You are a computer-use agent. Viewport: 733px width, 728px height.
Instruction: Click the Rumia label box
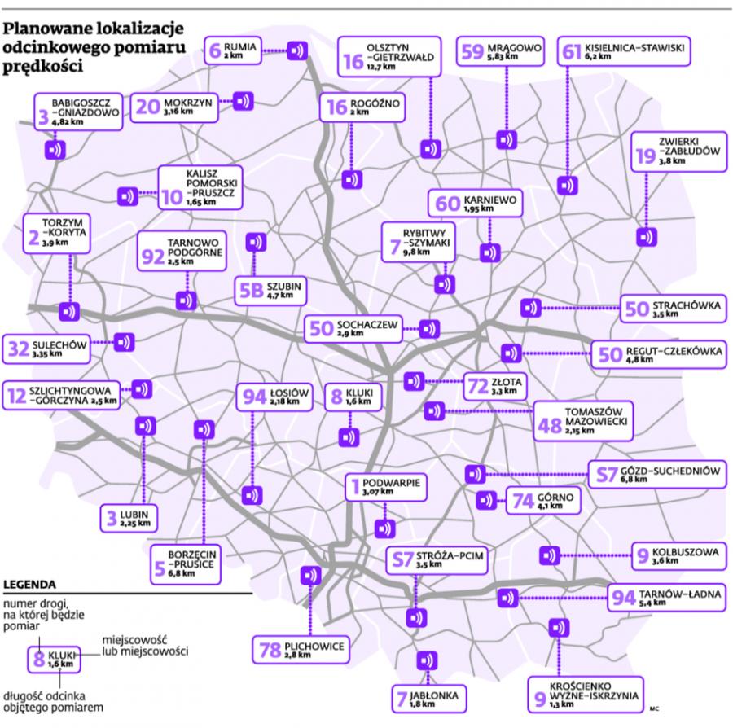(x=233, y=50)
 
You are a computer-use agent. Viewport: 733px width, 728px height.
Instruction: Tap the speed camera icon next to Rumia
(x=296, y=50)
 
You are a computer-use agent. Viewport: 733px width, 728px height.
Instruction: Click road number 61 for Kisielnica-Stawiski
(x=571, y=51)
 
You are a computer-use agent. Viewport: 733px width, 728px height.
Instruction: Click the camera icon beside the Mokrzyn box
(x=243, y=101)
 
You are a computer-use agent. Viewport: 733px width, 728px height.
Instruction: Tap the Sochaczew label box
(x=353, y=328)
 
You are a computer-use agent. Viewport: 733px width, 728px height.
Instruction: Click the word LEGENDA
(x=29, y=584)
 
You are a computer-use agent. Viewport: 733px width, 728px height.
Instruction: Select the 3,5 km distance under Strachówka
(x=665, y=314)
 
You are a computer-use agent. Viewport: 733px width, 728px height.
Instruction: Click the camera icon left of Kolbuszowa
(x=550, y=555)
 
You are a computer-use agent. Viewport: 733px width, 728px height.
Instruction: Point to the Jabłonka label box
(x=429, y=699)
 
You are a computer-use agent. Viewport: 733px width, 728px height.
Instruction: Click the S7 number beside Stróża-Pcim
(x=402, y=559)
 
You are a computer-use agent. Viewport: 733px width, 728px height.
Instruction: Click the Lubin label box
(x=129, y=518)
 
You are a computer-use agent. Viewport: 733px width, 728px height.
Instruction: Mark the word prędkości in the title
(x=43, y=67)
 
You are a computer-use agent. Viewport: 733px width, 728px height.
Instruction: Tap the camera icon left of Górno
(x=486, y=501)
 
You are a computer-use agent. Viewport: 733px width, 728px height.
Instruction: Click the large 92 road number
(x=153, y=256)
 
